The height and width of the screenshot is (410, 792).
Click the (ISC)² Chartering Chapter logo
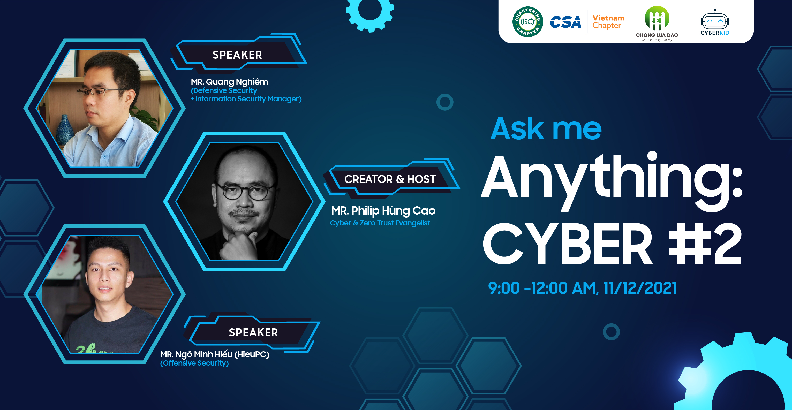click(x=527, y=21)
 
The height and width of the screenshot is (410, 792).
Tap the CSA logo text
click(x=565, y=22)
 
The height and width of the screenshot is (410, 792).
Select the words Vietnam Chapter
click(x=608, y=21)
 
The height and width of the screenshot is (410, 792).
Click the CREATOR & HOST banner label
click(x=390, y=179)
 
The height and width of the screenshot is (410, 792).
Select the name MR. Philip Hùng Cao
click(x=383, y=211)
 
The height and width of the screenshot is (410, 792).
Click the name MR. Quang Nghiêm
click(x=229, y=82)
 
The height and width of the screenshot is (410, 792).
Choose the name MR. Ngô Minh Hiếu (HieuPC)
click(x=215, y=354)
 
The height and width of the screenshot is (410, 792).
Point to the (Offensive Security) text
click(x=194, y=363)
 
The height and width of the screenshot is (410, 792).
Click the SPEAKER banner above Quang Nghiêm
click(x=237, y=55)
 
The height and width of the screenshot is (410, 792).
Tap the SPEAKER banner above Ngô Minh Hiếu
click(x=253, y=332)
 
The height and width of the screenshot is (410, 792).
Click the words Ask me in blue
click(x=546, y=129)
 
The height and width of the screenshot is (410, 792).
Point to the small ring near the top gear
click(x=444, y=102)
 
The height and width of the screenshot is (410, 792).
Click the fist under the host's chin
click(x=238, y=246)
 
